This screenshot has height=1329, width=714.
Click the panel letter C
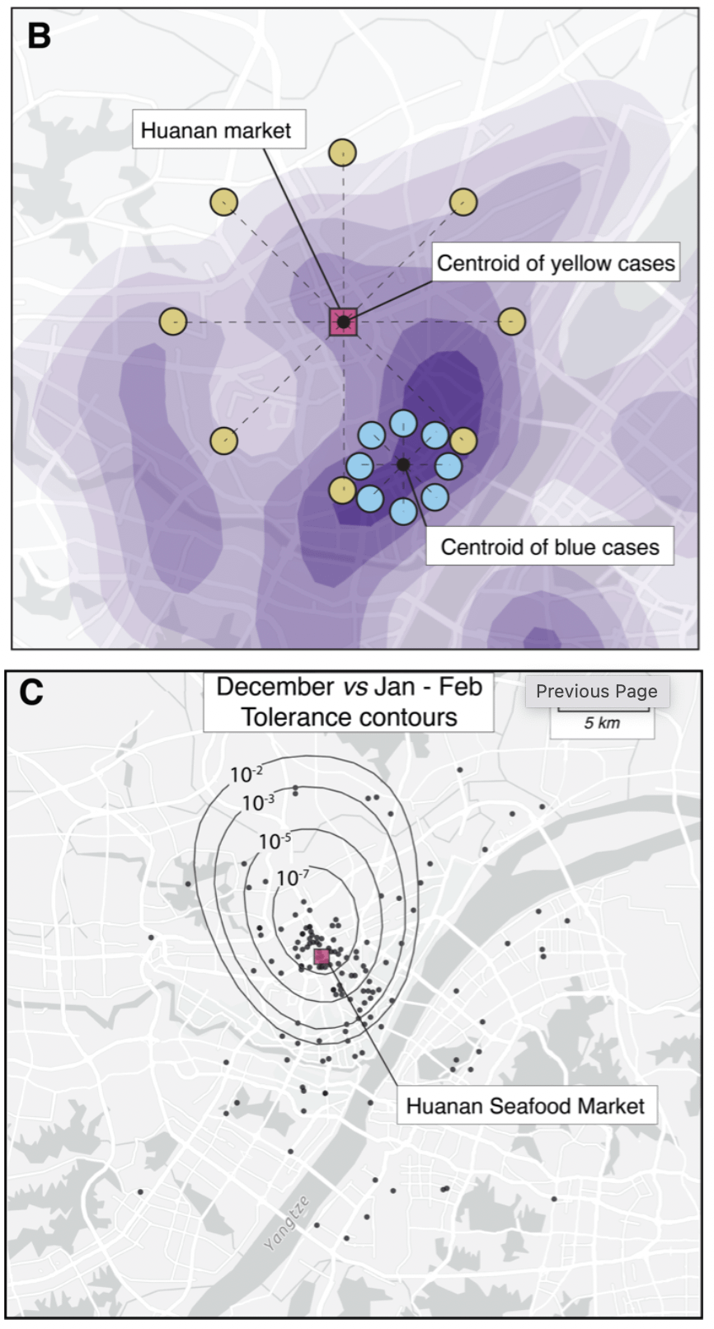[31, 693]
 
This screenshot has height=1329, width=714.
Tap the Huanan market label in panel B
[216, 130]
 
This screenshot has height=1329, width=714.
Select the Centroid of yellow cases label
[555, 263]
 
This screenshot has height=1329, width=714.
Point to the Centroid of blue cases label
[549, 547]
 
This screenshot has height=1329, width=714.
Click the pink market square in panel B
[343, 322]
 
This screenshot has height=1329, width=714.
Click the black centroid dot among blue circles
[402, 465]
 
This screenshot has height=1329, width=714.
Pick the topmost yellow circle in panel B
[342, 153]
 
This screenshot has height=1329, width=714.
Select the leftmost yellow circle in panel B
[173, 322]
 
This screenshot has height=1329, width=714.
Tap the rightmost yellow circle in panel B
[511, 322]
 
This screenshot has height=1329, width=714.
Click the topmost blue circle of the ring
[402, 422]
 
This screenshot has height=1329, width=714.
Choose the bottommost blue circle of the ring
[402, 511]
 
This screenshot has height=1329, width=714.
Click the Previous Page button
[597, 691]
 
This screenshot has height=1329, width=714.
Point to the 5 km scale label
[602, 723]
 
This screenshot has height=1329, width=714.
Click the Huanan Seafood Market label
[525, 1106]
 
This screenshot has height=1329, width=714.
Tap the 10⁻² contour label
[246, 774]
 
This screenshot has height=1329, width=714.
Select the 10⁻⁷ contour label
[293, 878]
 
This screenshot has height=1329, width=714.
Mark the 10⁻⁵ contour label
[275, 841]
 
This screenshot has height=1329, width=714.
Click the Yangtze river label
[287, 1223]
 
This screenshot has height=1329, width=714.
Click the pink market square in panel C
[322, 956]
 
